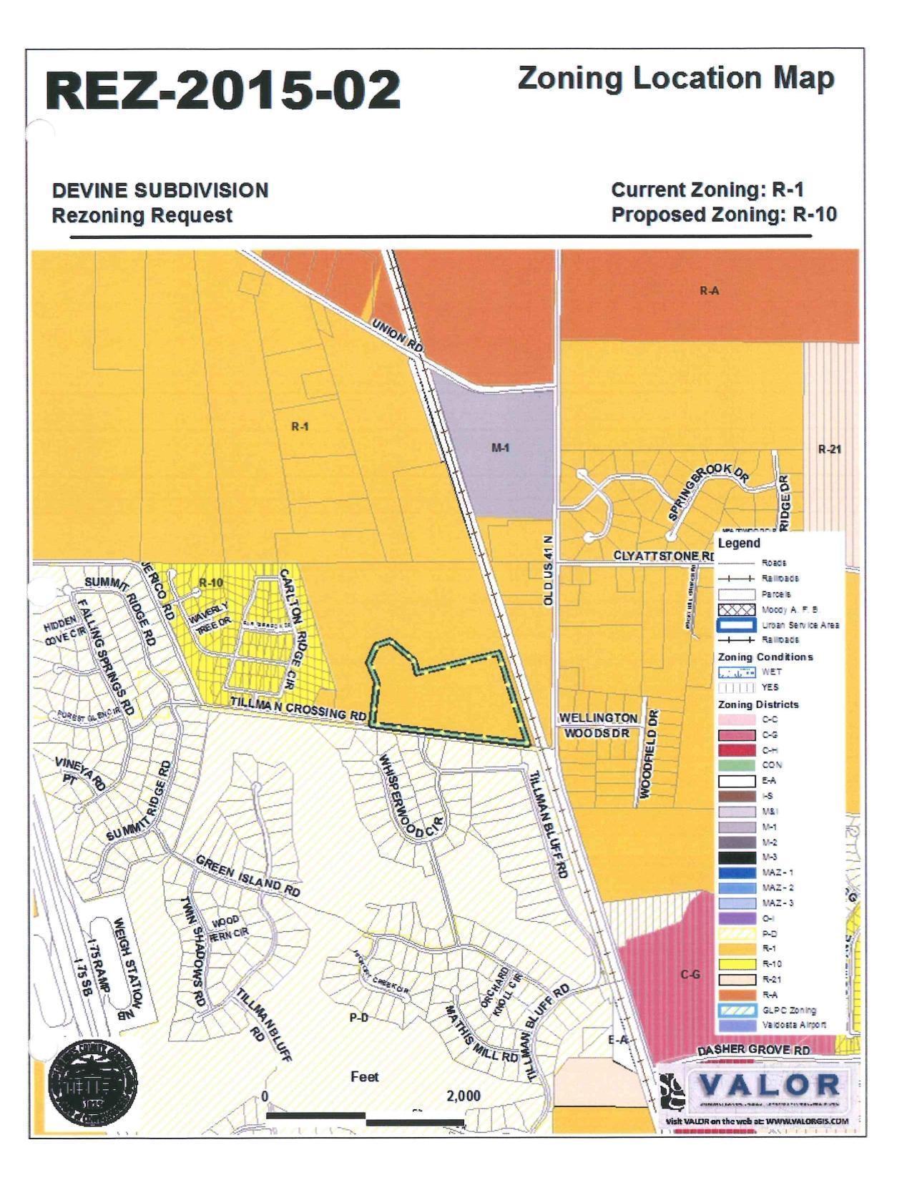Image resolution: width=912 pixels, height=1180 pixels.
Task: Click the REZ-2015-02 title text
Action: pos(222,91)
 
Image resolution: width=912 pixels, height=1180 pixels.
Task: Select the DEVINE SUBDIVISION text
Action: pos(160,191)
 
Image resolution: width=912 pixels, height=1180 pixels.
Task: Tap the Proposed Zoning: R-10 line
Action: pos(723,215)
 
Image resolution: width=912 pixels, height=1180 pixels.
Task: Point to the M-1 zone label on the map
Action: pos(500,448)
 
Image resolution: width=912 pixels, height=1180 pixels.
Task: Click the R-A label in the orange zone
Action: pos(709,291)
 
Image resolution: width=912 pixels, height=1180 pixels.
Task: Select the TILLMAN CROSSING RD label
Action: pos(298,709)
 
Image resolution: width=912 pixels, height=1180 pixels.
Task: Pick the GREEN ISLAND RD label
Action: pos(247,876)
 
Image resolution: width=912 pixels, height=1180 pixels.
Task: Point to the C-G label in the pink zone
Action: pos(690,975)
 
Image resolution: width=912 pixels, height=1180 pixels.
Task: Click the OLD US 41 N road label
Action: pos(549,571)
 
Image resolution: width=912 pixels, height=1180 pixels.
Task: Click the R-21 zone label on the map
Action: pos(830,450)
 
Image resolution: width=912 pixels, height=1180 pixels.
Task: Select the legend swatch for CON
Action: pos(737,765)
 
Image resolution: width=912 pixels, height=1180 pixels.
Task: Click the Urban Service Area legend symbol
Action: pos(737,625)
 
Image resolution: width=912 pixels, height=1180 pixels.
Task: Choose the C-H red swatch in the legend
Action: pos(737,750)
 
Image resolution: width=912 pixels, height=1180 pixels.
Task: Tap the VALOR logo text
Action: pos(768,1086)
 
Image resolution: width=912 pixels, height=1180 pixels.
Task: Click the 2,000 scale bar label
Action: pos(463,1096)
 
